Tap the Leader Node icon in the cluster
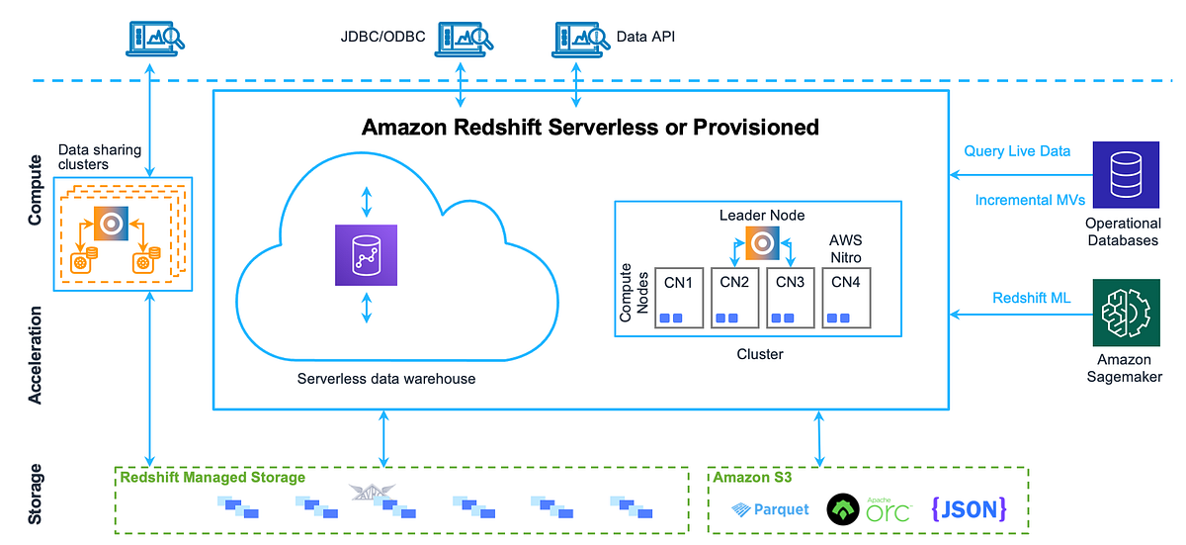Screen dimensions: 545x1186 point(762,243)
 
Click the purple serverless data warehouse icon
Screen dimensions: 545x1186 point(367,255)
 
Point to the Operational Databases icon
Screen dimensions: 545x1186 point(1126,174)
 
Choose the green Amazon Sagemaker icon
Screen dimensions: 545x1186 point(1126,312)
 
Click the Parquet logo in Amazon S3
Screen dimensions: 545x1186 point(770,509)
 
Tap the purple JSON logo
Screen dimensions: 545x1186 point(969,508)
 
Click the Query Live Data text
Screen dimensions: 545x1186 point(1017,151)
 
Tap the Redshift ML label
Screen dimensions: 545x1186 point(1031,298)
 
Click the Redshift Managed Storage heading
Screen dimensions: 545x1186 point(212,478)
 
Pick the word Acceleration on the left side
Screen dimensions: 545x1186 point(36,355)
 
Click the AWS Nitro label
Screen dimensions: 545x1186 point(846,249)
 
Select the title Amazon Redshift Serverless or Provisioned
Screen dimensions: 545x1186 point(590,127)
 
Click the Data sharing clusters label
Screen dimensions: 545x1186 point(100,157)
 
